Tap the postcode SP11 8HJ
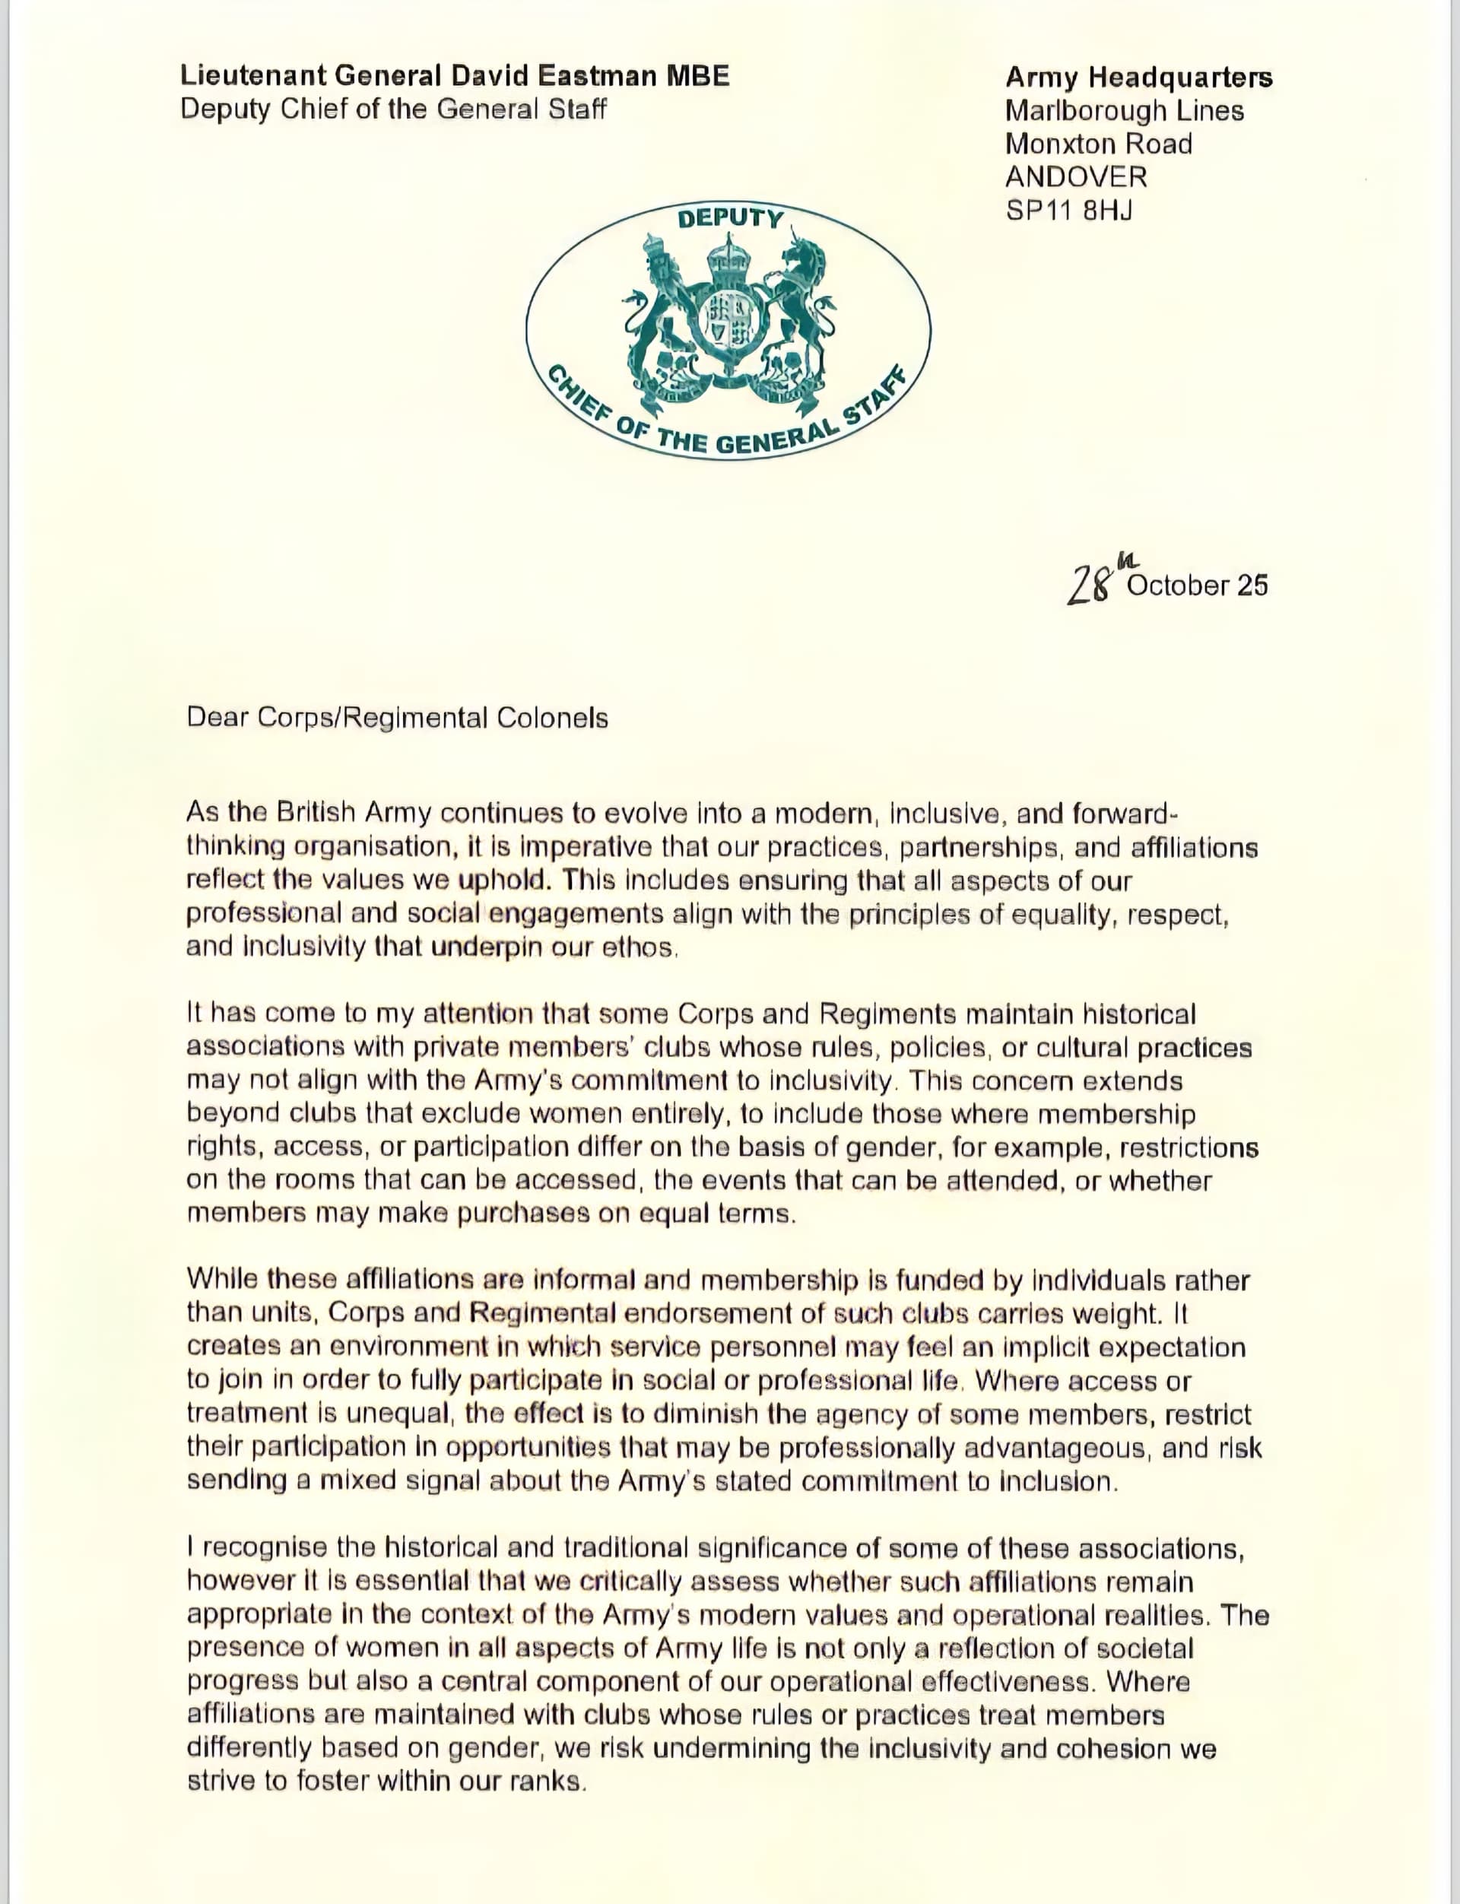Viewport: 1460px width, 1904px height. pos(1069,211)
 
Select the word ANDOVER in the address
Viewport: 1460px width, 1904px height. pos(1076,177)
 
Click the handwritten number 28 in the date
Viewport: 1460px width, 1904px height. pos(1090,585)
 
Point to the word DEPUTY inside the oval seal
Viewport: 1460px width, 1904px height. pos(730,218)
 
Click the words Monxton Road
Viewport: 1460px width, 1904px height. pos(1099,144)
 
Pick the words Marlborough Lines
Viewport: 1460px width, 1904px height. pos(1124,111)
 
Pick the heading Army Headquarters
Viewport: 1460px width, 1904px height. pos(1138,78)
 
